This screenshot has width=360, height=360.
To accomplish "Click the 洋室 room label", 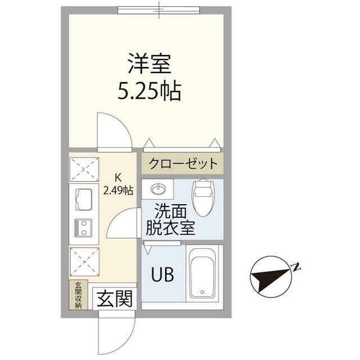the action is coord(150,64).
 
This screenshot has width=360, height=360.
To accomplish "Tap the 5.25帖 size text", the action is coord(150,91).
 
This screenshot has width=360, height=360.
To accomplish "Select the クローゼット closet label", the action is coord(183,164).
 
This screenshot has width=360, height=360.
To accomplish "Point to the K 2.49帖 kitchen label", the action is coord(118,184).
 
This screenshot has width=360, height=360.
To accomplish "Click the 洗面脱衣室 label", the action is coord(170,219).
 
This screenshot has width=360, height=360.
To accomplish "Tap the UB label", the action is coord(163,274).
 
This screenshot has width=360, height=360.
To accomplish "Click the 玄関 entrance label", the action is coord(115,299).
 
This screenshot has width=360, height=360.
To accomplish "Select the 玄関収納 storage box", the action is coord(78,295).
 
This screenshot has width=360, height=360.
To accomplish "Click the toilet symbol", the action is coord(202,197).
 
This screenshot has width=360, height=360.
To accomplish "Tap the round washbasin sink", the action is coord(158,189).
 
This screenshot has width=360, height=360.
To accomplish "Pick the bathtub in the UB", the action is coord(202,274).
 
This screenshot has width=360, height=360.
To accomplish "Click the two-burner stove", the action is coord(83,228).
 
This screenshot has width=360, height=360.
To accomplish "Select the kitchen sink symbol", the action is coord(84,200).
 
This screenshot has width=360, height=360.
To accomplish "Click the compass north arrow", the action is coord(271,277).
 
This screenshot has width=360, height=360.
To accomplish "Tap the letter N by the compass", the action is coord(296,267).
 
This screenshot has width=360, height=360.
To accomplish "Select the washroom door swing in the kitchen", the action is coord(124,223).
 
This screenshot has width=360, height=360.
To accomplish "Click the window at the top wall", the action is coord(159,10).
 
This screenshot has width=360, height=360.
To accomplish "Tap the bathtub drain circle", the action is coord(202,292).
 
